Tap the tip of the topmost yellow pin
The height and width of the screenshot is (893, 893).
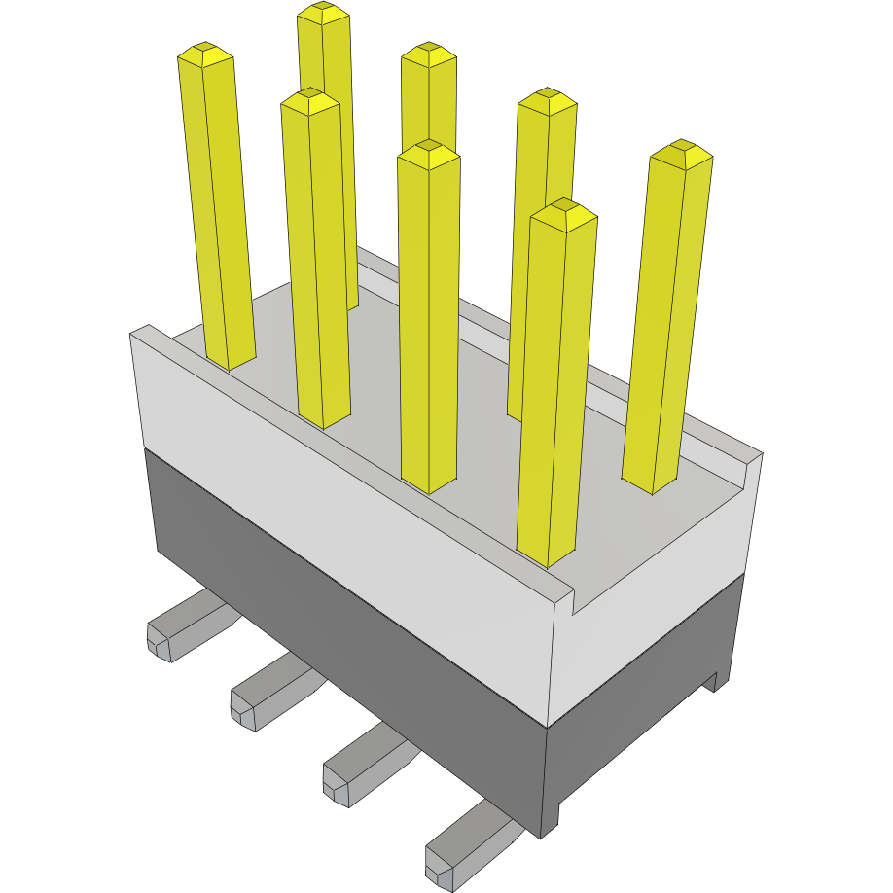[324, 13]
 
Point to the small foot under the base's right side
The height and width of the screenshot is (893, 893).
[718, 680]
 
